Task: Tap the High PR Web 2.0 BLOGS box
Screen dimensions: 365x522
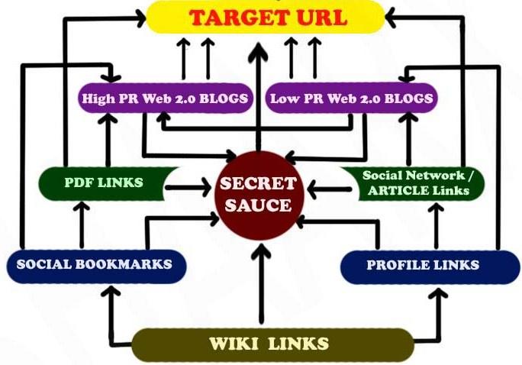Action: point(165,98)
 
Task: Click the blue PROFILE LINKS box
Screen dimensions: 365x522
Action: point(422,265)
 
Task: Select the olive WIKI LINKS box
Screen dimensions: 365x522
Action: point(269,344)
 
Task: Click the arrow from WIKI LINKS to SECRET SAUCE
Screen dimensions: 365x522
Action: point(262,283)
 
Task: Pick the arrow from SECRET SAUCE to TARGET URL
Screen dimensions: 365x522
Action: point(258,92)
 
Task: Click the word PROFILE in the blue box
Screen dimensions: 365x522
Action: point(395,265)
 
